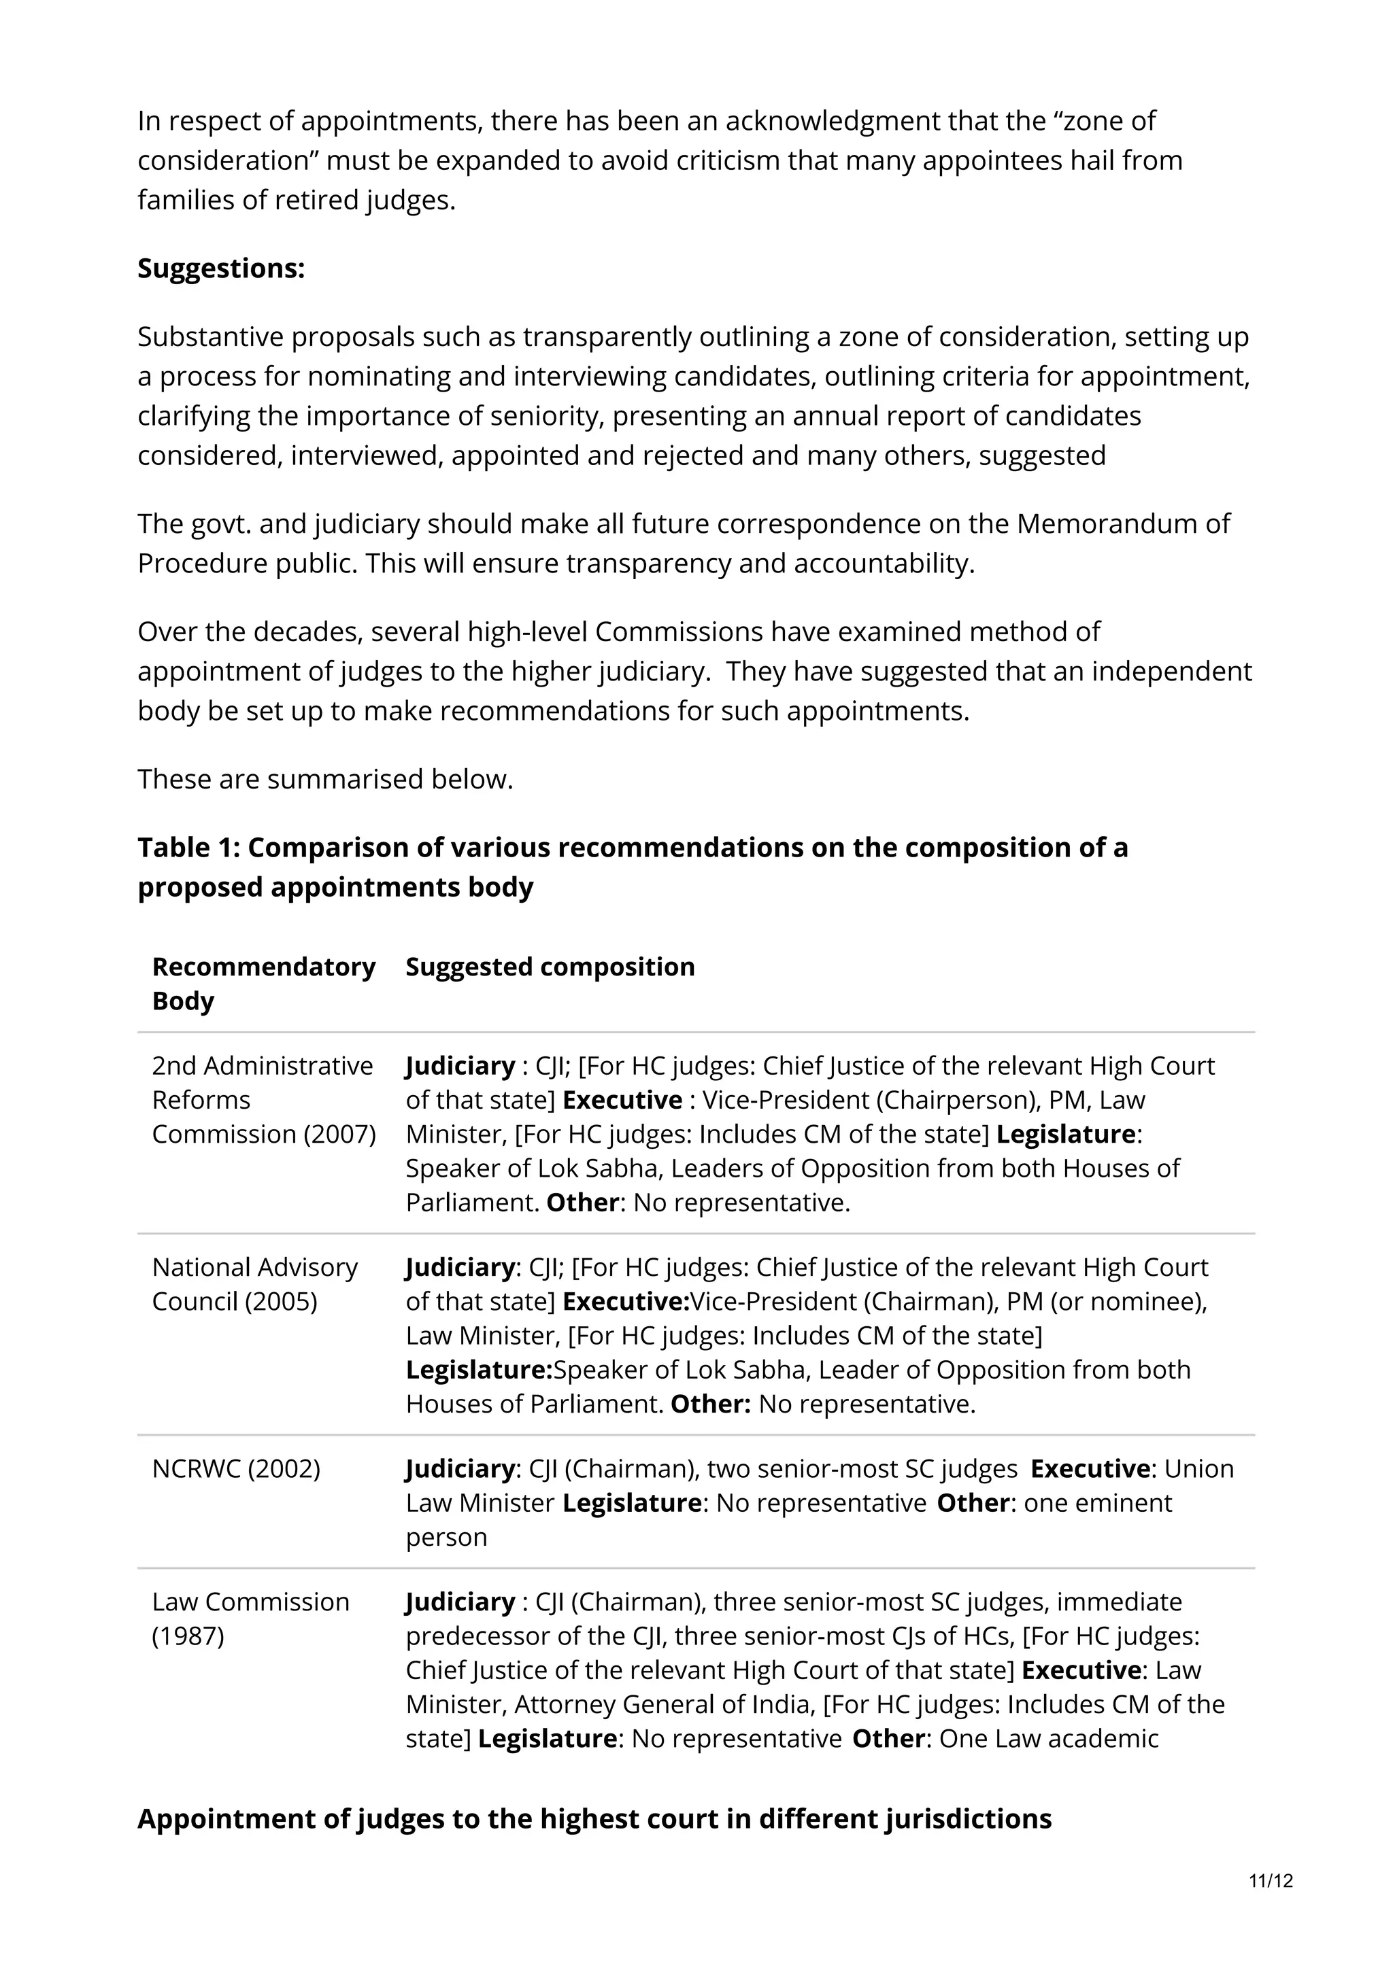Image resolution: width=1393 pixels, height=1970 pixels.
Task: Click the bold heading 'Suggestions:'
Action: pyautogui.click(x=220, y=269)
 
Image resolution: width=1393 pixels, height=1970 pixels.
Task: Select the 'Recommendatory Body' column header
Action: pyautogui.click(x=263, y=983)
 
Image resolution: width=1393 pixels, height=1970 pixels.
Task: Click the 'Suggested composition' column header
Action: pyautogui.click(x=550, y=966)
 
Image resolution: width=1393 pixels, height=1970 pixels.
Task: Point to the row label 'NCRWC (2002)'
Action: pyautogui.click(x=236, y=1468)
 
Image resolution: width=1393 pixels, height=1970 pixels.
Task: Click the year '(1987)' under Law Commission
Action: pyautogui.click(x=187, y=1636)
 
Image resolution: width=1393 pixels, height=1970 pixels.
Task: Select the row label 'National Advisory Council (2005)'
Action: pyautogui.click(x=254, y=1283)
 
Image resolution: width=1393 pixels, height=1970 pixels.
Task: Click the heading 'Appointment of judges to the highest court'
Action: pyautogui.click(x=594, y=1818)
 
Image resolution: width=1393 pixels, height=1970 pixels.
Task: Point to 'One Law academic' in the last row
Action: pyautogui.click(x=1048, y=1738)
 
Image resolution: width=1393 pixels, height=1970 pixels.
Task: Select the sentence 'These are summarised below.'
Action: pyautogui.click(x=324, y=778)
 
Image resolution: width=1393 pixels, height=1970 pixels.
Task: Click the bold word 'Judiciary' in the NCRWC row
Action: pyautogui.click(x=459, y=1468)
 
